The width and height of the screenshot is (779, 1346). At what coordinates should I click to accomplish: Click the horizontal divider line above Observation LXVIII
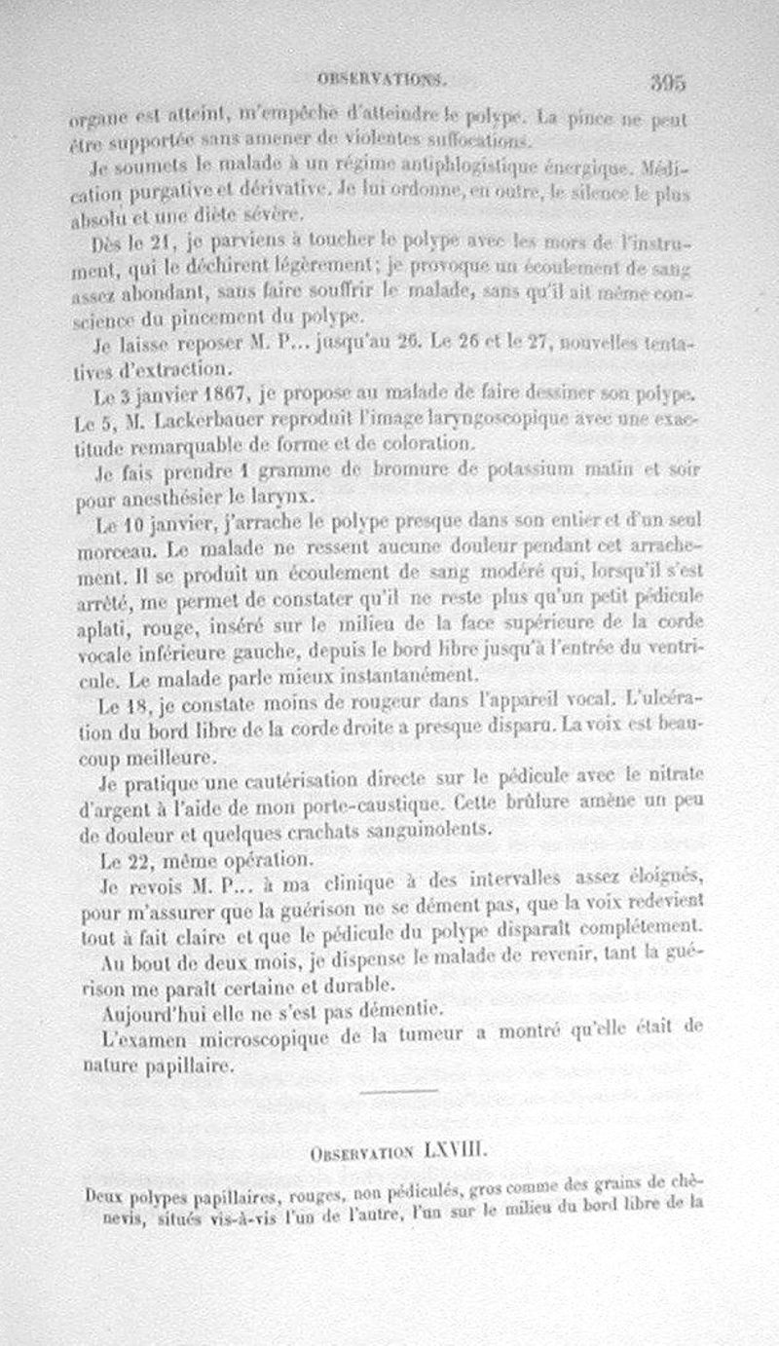(398, 1091)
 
